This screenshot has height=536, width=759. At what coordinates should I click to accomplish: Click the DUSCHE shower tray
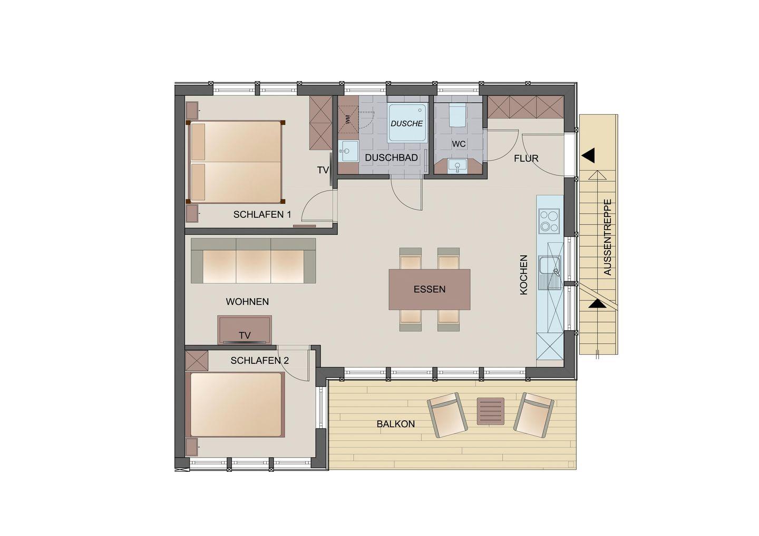point(407,123)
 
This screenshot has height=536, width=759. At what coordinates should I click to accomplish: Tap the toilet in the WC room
point(457,115)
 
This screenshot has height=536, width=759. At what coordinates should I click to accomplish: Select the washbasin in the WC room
point(458,166)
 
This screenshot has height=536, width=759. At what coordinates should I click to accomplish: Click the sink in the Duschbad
point(348,151)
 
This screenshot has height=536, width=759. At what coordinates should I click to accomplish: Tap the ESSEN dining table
point(429,289)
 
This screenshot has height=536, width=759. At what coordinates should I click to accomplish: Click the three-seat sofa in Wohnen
point(253,261)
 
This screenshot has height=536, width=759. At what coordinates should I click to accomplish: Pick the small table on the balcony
point(490,411)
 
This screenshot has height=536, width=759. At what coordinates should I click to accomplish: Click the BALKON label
point(396,424)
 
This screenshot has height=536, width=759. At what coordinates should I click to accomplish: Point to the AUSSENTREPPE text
point(608,237)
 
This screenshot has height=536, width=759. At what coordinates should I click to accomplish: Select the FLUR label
point(526,158)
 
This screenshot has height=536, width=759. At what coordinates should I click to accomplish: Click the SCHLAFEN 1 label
point(262,214)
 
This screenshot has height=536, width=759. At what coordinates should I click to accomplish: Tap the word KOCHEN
point(524,275)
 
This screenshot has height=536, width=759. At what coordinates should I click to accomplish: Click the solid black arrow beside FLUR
point(588,156)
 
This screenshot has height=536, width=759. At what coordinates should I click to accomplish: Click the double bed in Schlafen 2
point(236,405)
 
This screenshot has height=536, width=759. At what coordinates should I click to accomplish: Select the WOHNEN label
point(247,302)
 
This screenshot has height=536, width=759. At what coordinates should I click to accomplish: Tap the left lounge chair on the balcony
point(447,414)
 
